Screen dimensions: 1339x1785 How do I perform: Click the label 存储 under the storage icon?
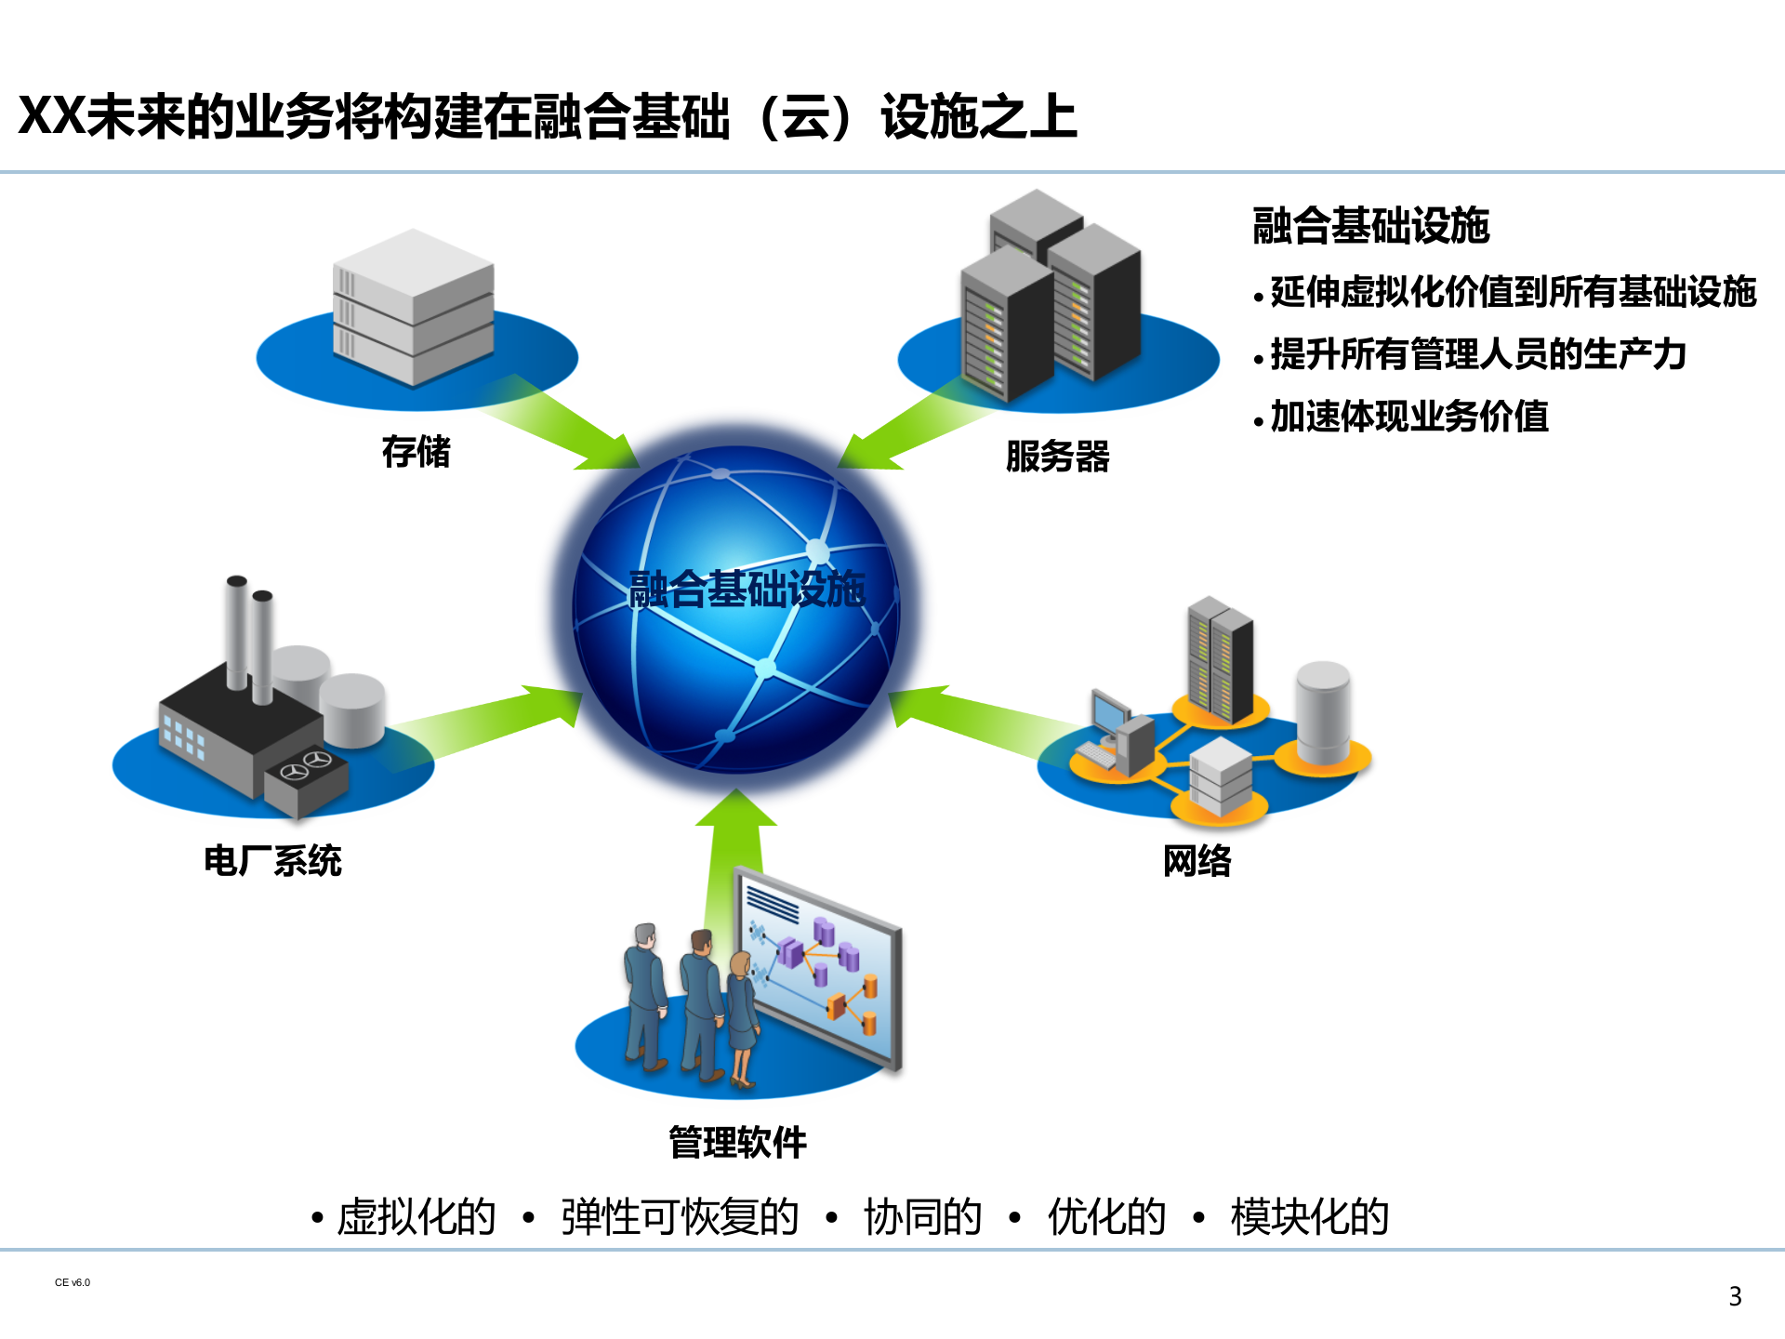click(x=416, y=452)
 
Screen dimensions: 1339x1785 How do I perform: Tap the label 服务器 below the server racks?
click(x=1057, y=457)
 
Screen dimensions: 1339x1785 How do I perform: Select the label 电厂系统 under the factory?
click(x=272, y=861)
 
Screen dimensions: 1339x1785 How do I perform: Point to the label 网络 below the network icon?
click(x=1197, y=861)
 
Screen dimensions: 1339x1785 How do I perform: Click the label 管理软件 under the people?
click(x=737, y=1142)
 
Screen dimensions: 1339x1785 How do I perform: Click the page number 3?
click(x=1735, y=1296)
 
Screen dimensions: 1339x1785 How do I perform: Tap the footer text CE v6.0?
click(x=73, y=1282)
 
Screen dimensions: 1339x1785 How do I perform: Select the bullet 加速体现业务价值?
click(x=1408, y=417)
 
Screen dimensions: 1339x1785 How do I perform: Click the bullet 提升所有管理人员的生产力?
click(x=1477, y=354)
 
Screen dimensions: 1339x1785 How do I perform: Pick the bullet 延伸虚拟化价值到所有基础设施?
click(x=1513, y=292)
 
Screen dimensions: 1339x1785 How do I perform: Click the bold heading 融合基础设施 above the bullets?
click(x=1370, y=226)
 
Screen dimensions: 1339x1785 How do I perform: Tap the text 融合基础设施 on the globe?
click(x=747, y=590)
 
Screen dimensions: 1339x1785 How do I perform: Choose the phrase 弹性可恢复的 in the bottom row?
click(x=680, y=1217)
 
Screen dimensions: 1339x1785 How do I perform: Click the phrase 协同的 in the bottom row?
click(x=922, y=1217)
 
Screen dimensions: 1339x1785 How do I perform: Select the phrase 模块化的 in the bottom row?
click(x=1309, y=1217)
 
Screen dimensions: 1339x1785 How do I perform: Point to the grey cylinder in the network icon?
click(x=1323, y=711)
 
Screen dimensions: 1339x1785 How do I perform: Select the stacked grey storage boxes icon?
click(x=413, y=307)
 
